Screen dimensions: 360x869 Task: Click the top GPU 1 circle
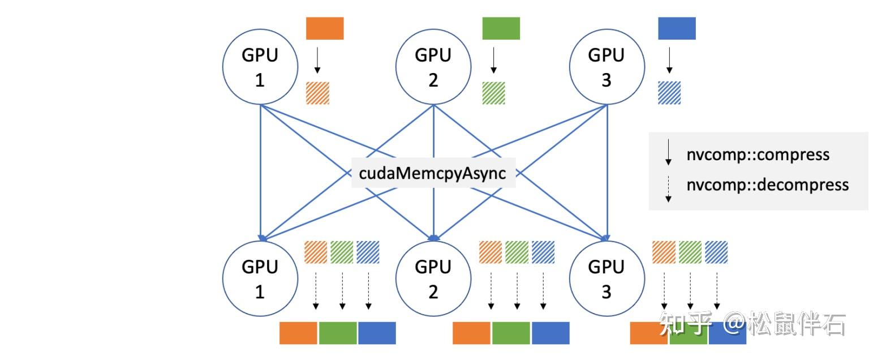pos(260,68)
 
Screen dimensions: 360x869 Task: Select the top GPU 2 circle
pos(433,68)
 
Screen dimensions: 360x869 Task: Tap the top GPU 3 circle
pos(606,68)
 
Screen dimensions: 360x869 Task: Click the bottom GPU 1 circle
pos(260,279)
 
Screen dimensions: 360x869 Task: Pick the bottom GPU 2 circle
pos(433,279)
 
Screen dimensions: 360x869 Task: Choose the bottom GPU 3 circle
pos(606,279)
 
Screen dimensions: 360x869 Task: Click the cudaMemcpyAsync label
pos(433,173)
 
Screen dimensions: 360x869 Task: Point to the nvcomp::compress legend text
pos(758,155)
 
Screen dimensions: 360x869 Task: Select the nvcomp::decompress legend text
pos(767,185)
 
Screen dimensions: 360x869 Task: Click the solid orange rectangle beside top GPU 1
pos(325,28)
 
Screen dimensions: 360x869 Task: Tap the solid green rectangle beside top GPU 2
pos(501,28)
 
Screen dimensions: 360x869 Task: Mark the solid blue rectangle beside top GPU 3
pos(677,28)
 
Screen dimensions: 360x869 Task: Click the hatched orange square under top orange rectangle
pos(317,93)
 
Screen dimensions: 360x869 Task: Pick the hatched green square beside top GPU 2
pos(493,93)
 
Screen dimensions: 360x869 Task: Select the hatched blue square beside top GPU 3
pos(669,93)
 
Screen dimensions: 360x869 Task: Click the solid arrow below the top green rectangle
pos(493,60)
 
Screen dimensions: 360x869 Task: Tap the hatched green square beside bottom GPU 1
pos(342,252)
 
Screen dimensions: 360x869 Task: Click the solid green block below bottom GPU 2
pos(511,333)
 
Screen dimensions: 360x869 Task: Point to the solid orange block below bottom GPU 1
pos(299,333)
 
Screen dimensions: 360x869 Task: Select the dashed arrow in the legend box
pos(668,189)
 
